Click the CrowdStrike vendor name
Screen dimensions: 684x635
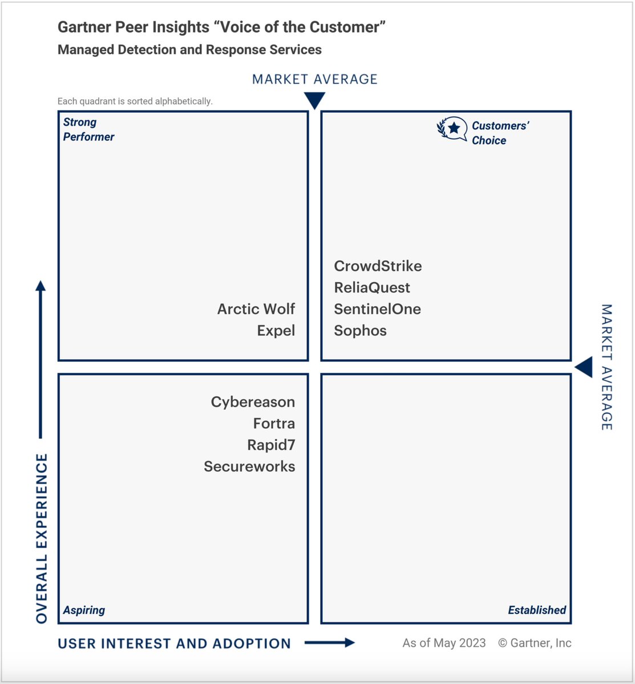pos(378,266)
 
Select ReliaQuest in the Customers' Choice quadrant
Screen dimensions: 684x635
pos(372,288)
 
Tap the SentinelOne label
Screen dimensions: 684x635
pos(377,309)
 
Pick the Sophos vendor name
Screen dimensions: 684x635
pos(360,331)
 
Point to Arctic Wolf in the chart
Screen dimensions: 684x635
pos(256,309)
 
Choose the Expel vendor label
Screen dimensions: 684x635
pos(276,331)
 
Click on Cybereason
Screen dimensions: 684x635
pos(253,402)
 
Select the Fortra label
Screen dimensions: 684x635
pos(274,424)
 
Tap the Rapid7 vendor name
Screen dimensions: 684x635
pos(271,445)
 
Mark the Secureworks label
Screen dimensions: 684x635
pos(249,466)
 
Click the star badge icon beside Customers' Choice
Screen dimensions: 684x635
pos(452,129)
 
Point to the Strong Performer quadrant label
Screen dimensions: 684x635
pos(88,129)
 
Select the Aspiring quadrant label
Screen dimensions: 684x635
pos(84,610)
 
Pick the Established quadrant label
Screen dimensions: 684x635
pos(537,610)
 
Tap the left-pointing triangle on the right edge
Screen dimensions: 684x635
pos(584,367)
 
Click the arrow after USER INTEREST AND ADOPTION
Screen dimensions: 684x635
pos(330,643)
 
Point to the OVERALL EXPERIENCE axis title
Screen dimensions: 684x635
pos(42,538)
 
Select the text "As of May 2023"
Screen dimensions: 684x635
pos(444,643)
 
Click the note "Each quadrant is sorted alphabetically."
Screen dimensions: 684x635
pos(135,101)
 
